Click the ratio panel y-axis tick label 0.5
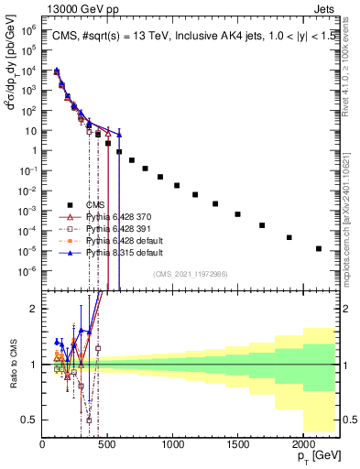click(x=30, y=420)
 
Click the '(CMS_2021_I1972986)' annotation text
click(x=191, y=274)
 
